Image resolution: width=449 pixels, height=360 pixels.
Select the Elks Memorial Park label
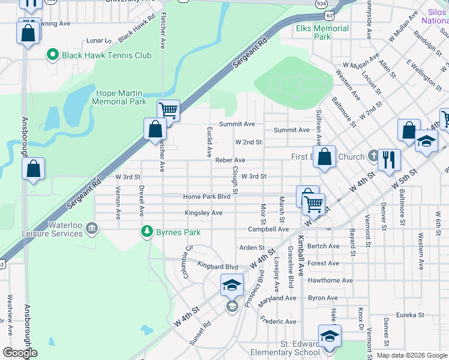pos(322,32)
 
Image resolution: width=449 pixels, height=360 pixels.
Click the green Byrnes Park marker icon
pos(146,231)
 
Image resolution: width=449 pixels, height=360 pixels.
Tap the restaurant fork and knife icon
pos(389,158)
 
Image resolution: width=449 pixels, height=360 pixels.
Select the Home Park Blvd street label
pos(206,196)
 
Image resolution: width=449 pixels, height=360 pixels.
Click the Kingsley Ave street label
pos(203,213)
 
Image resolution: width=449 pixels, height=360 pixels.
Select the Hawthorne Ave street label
pos(330,280)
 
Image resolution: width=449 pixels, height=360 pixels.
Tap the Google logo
pos(20,353)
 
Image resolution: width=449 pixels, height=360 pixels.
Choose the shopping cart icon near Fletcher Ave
pos(169,110)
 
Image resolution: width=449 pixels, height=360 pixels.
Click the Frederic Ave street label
pos(278,322)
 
